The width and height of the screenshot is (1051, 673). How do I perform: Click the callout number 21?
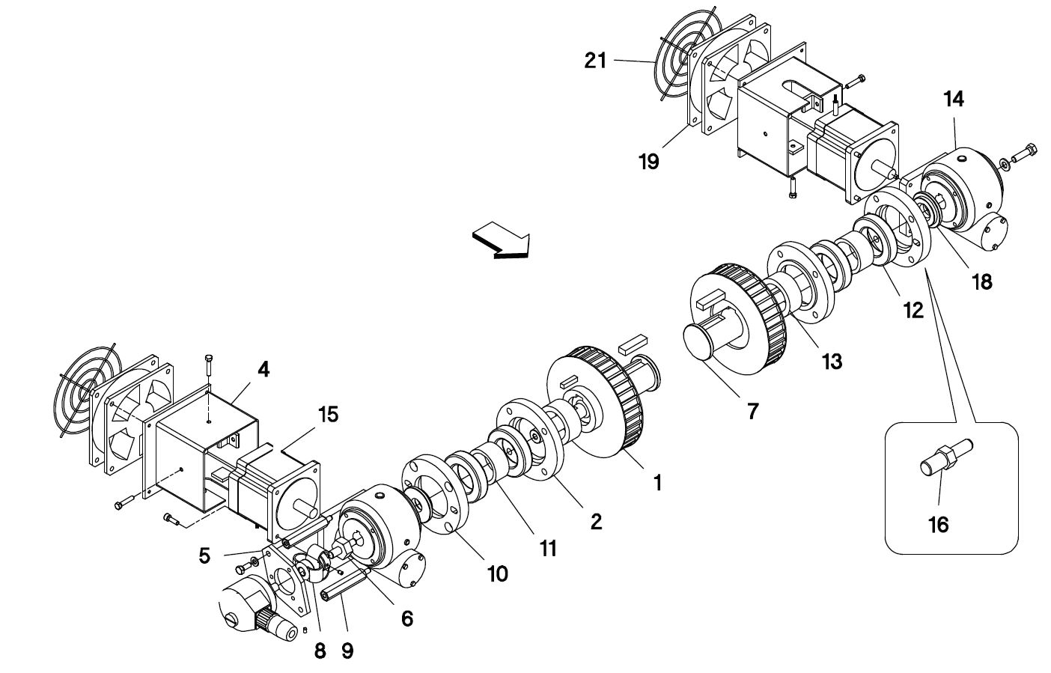(595, 61)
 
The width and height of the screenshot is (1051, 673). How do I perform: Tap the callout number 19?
(649, 162)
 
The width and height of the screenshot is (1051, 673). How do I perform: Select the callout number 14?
(954, 99)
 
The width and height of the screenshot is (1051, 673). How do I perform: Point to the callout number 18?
(982, 282)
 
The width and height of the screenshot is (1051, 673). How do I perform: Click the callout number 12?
(913, 310)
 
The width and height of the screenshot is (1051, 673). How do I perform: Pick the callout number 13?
(832, 362)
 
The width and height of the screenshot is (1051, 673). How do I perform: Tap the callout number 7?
(752, 411)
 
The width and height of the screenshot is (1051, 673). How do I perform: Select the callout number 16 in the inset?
(939, 525)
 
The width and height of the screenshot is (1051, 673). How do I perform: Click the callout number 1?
(658, 482)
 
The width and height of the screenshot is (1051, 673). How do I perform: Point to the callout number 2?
(596, 522)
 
